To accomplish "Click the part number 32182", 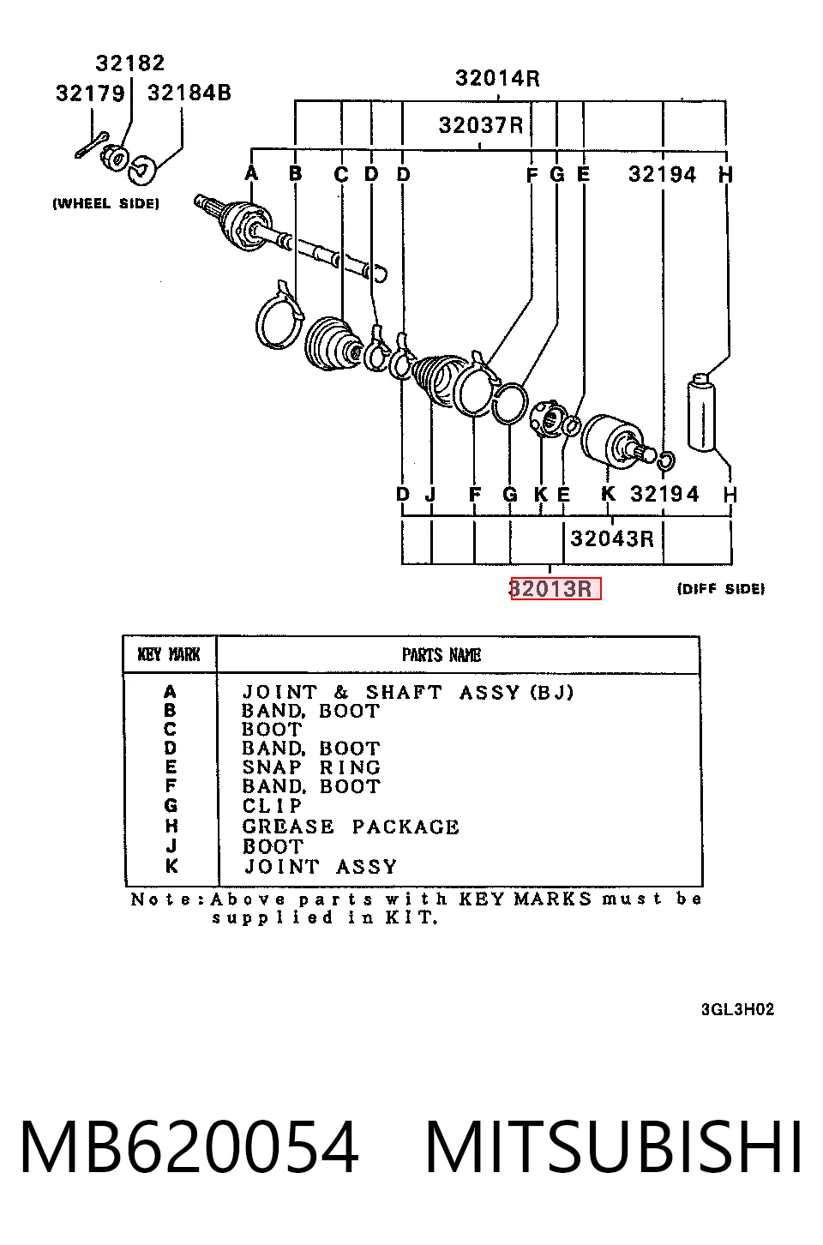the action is coord(130,63).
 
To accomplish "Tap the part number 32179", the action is coord(90,93).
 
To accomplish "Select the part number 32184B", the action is coord(189,93).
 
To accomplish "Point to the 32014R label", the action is coord(497,78).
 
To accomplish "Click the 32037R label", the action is coord(481,125).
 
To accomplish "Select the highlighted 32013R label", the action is coord(556,588).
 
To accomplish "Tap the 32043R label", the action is coord(612,538).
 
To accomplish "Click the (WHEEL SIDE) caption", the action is coord(105,203).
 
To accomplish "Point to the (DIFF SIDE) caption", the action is coord(721,588).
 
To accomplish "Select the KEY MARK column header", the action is coord(169,654).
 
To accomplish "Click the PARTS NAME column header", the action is coord(442,655).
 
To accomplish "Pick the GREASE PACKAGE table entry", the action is coord(351,827).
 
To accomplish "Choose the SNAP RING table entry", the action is coord(311,767).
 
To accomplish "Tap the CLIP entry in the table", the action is coord(273,805).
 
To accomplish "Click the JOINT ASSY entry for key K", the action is coord(321,867).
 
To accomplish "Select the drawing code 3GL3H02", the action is coord(737,1009).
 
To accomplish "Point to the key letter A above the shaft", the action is coord(251,173).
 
